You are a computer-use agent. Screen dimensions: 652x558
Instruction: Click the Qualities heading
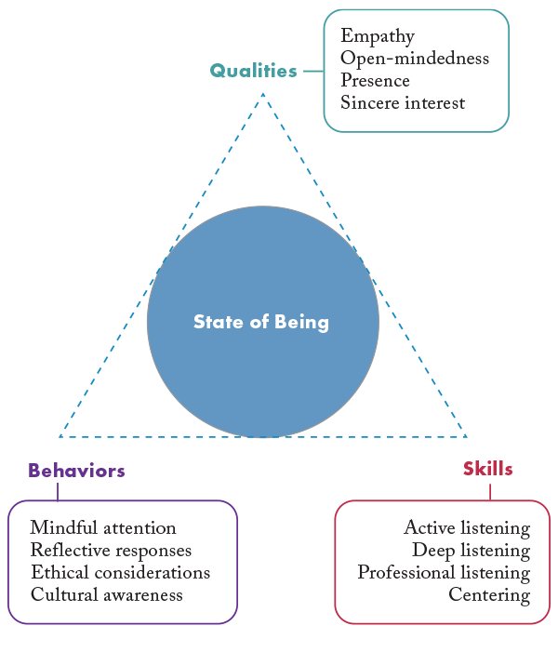pos(253,71)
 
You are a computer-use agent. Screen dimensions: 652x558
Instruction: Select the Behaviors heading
pos(76,471)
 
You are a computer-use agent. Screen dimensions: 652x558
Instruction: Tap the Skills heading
pos(487,469)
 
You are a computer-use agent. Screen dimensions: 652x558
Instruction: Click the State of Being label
pos(261,322)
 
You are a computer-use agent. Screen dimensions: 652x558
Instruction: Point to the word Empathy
pos(378,36)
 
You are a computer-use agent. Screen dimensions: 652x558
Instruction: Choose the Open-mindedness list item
pos(415,59)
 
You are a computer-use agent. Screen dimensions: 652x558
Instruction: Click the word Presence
pos(375,81)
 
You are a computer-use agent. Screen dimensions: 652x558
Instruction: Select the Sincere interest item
pos(403,103)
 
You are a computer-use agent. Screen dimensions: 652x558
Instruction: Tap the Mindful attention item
pos(103,528)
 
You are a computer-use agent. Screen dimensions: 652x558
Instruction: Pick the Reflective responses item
pos(111,551)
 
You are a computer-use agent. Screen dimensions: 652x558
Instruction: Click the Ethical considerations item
pos(120,573)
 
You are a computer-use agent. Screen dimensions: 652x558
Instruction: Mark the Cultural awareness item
pos(107,595)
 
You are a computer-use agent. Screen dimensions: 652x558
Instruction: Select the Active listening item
pos(467,528)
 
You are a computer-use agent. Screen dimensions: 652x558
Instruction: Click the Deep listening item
pos(472,551)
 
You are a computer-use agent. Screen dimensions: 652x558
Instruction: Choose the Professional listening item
pos(444,573)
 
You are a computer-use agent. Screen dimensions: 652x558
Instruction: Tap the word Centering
pos(489,595)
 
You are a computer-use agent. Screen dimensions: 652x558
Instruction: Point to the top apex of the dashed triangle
pos(263,93)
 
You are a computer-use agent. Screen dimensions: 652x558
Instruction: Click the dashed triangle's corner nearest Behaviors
pos(60,436)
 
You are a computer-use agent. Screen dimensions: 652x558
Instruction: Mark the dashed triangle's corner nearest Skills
pos(466,436)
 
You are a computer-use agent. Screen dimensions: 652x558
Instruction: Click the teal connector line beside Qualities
pos(312,71)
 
